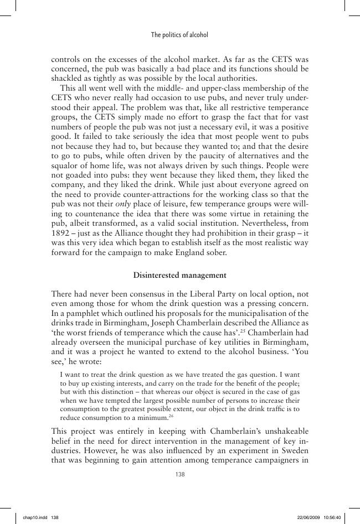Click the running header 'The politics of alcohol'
[179, 35]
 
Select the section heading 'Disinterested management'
[180, 275]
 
